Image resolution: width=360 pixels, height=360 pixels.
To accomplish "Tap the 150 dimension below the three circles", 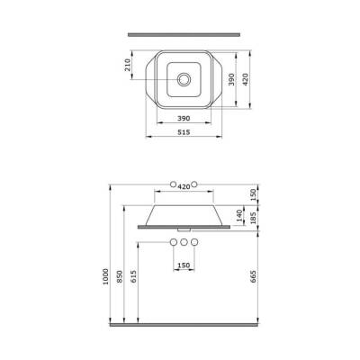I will pos(183,265).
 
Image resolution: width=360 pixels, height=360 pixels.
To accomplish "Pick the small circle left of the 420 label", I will pos(171,184).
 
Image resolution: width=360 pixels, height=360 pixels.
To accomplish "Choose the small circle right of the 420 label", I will pos(194,184).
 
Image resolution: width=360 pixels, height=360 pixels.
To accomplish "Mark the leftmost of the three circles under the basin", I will pos(172,244).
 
